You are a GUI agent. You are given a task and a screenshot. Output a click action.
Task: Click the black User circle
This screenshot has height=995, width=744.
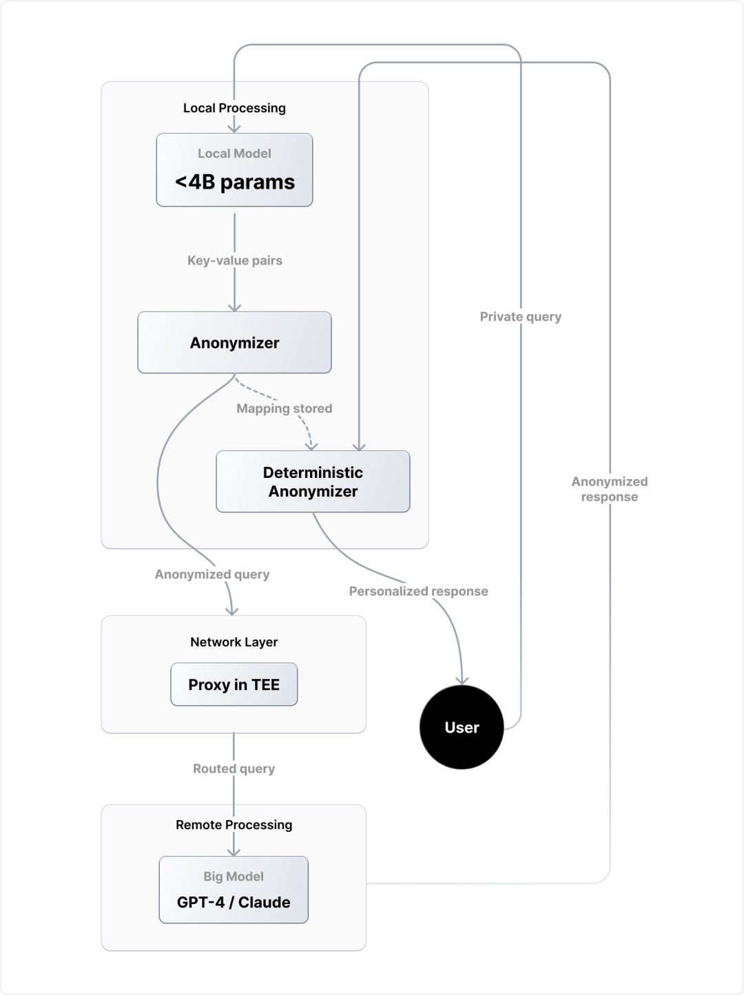coord(462,727)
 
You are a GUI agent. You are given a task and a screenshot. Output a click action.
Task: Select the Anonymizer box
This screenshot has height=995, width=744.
coord(234,342)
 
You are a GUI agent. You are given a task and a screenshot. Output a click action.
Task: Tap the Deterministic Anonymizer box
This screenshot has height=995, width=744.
coord(313,481)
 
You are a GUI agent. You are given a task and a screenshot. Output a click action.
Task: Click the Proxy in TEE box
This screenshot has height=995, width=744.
coord(234,684)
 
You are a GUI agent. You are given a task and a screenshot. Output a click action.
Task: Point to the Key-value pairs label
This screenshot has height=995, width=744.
coord(235,260)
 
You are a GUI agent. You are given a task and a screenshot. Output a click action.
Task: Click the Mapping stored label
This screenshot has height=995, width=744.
coord(284,408)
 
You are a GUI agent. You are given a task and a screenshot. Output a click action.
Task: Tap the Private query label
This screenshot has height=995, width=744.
coord(521,317)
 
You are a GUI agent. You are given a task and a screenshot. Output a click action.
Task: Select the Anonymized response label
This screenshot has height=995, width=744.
coord(610,489)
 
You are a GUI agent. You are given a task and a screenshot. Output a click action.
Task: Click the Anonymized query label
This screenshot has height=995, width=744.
coord(212,574)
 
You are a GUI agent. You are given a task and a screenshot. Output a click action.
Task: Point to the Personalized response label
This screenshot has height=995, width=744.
coord(418,591)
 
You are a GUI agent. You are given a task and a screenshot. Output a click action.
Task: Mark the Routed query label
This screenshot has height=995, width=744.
coord(234,768)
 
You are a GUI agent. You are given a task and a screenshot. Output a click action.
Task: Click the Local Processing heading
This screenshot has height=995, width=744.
coord(234,108)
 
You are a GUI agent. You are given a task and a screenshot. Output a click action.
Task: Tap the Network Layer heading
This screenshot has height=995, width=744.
coord(234,642)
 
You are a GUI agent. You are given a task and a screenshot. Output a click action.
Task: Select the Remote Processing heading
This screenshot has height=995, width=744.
coord(234,825)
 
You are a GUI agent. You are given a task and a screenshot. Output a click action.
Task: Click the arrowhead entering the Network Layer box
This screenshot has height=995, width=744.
coord(233,610)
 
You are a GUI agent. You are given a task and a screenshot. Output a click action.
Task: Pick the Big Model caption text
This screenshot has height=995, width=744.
coord(234,877)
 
